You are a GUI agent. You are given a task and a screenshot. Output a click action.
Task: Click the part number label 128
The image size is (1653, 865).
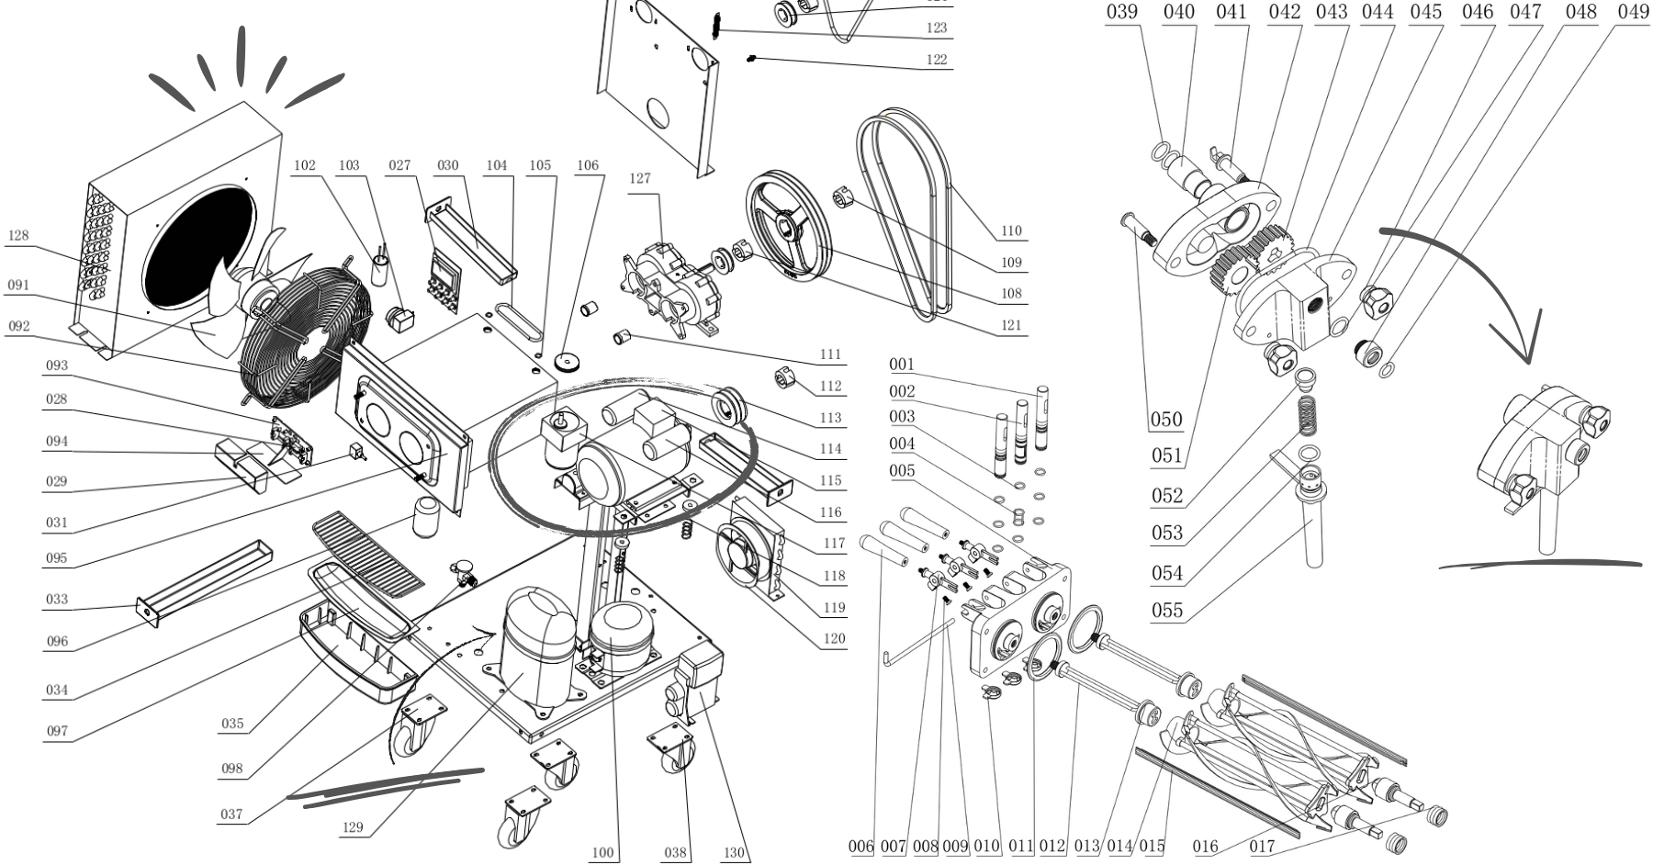coord(18,236)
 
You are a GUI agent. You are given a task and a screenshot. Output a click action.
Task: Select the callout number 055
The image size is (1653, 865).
coord(1167,611)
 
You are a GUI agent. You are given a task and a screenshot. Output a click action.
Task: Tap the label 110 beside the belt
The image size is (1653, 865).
coord(1011,231)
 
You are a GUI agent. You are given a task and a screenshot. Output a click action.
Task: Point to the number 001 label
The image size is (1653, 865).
coord(902,365)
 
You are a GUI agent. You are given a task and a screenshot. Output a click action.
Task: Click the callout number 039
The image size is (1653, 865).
coord(1122,11)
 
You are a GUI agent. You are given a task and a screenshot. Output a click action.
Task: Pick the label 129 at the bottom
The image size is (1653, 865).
coord(353,827)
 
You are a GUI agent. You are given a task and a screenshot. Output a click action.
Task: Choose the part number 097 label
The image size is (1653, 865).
coord(57,732)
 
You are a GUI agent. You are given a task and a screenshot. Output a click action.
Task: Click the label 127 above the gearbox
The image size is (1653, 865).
coord(640,179)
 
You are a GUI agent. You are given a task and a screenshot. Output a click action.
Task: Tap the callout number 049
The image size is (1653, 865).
coord(1634,11)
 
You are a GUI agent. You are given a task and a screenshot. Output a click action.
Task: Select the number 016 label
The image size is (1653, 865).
coord(1206,847)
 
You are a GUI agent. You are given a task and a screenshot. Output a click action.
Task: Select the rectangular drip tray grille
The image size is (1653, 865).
coord(368,550)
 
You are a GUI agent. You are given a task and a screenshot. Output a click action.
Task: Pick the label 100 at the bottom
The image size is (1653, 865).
coord(602,853)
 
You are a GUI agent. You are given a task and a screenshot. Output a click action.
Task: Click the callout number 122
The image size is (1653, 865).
coord(936,60)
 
